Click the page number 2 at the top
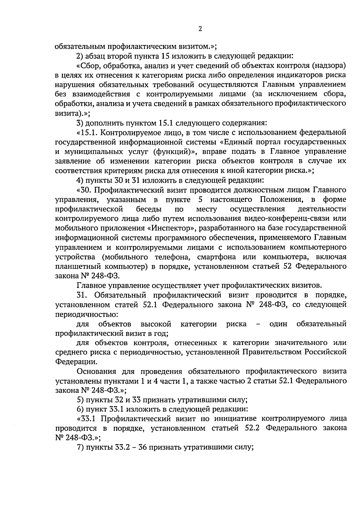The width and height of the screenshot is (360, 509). coord(200,29)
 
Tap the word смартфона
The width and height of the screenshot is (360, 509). coord(212,257)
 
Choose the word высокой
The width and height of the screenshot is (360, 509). coord(156,324)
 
